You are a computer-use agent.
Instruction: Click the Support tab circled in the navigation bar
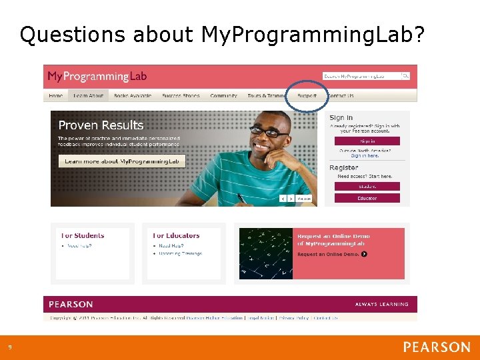point(307,95)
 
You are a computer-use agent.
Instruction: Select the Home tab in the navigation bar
point(56,95)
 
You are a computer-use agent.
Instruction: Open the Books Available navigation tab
point(133,95)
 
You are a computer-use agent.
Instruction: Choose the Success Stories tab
point(181,95)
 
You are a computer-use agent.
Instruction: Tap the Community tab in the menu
point(223,95)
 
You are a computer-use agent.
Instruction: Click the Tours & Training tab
point(265,95)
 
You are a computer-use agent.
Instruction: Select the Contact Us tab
point(341,95)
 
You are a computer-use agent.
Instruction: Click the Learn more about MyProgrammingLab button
point(121,161)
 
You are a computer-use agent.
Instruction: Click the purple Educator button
point(367,198)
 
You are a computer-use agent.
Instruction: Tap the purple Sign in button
point(367,141)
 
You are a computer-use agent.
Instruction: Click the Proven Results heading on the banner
point(101,125)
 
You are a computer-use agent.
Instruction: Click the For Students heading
point(83,235)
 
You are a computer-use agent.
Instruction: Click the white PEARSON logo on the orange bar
point(436,347)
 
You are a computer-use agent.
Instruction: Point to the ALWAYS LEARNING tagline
point(381,304)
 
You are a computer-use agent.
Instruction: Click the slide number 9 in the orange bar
point(9,347)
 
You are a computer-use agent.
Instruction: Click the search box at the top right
point(366,76)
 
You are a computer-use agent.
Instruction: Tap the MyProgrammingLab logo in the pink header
point(97,76)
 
